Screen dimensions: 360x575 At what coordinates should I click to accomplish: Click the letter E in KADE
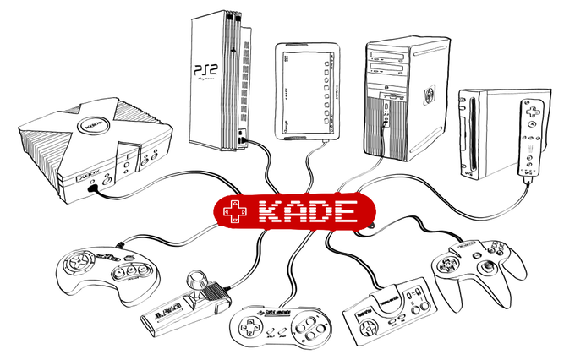click(x=340, y=213)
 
